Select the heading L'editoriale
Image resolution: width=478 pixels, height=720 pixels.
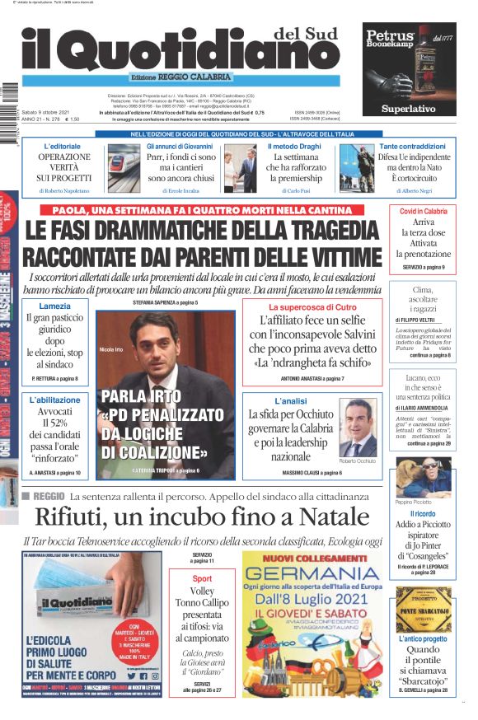[63, 147]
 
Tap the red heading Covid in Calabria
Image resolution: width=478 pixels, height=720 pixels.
[424, 212]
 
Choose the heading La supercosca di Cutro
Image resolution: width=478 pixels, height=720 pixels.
[312, 306]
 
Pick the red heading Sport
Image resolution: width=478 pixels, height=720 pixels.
[202, 578]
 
